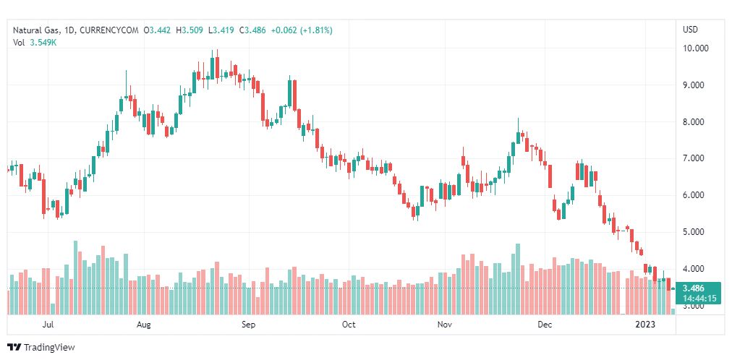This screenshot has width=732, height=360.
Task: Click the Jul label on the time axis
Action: [x=48, y=325]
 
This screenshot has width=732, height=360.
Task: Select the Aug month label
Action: [x=144, y=325]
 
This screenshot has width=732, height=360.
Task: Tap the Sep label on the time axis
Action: [x=248, y=325]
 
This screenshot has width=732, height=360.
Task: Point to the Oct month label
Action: [x=349, y=325]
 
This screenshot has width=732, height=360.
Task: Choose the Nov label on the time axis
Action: [x=445, y=325]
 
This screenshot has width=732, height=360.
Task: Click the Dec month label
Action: [x=544, y=325]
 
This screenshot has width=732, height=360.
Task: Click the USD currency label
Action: [x=690, y=30]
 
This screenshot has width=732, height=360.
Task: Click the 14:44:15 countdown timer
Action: [x=698, y=298]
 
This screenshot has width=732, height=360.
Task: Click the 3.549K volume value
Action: [x=43, y=42]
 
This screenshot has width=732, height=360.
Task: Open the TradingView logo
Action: [x=41, y=348]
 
